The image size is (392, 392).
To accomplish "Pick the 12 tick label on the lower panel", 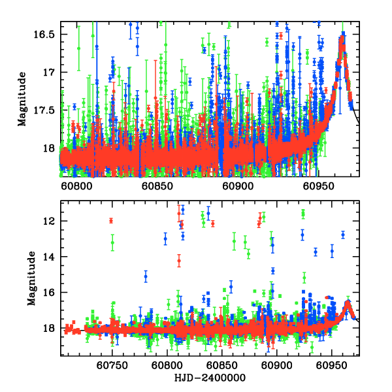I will pos(52,221).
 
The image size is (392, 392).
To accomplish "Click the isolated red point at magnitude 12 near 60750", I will pos(111,220).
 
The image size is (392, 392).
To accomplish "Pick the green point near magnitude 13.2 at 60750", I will pos(112,243).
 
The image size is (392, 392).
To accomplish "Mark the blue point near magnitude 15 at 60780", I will pos(146,277).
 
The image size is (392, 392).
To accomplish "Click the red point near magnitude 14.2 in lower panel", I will pos(179,261).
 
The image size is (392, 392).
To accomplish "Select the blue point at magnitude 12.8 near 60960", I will pos(342,235).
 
